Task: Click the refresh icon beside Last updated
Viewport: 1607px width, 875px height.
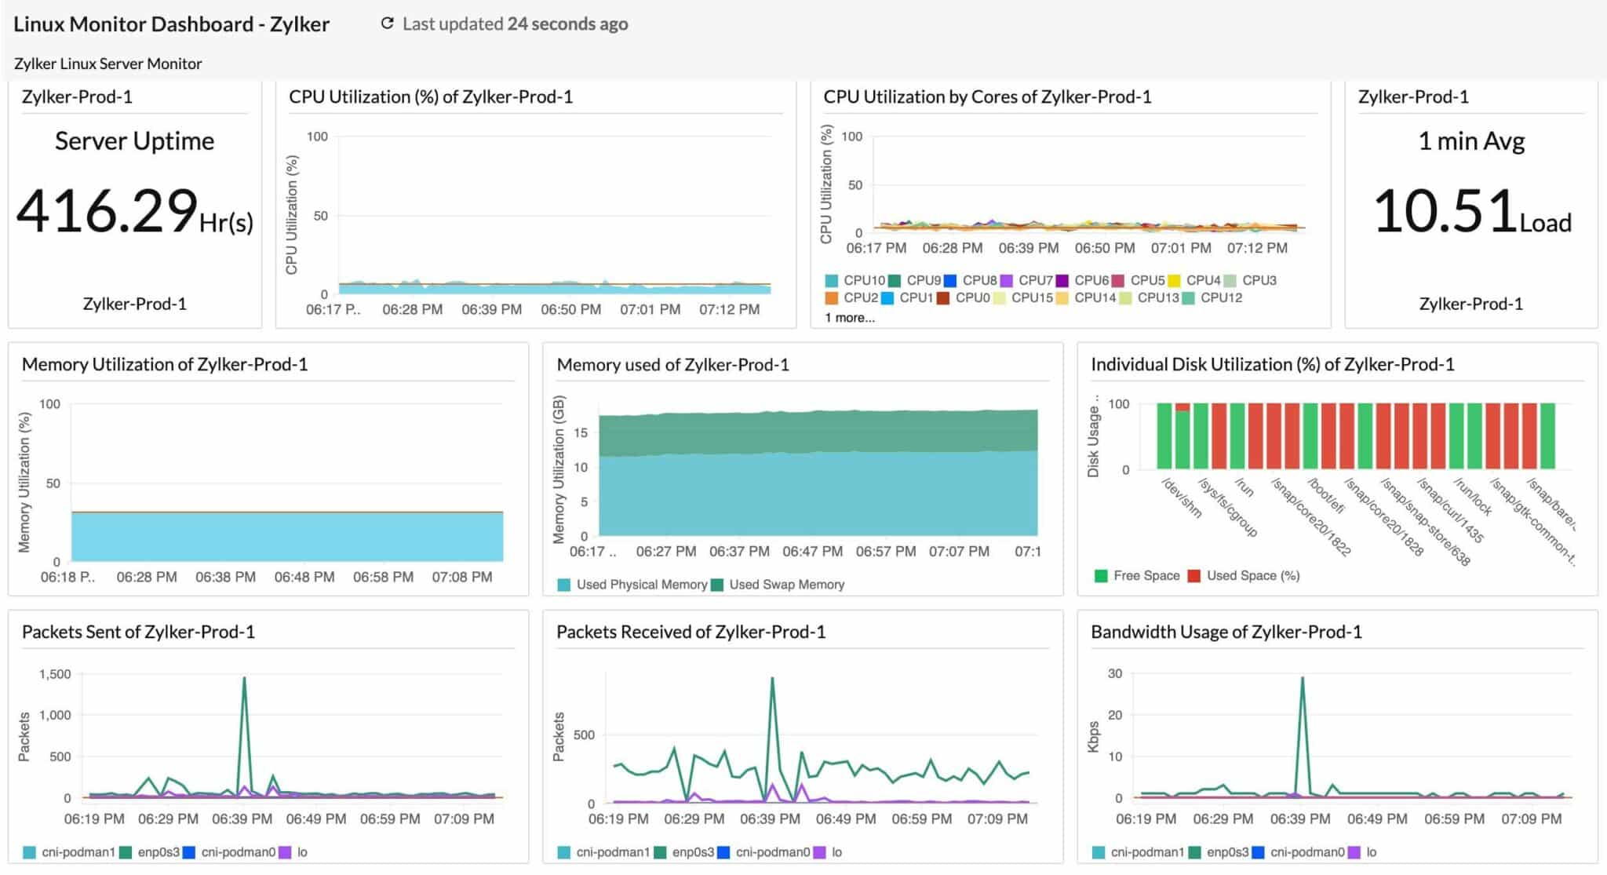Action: [387, 24]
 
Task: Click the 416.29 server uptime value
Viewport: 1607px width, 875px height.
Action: [107, 210]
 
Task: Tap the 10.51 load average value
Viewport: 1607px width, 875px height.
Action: [1445, 210]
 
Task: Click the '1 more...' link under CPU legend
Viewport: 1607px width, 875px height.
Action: [849, 318]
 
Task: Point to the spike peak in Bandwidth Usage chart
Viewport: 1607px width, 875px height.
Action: [1303, 678]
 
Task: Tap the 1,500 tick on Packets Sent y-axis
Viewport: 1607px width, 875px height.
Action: [55, 674]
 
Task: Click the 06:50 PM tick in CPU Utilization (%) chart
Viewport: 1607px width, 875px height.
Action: [570, 309]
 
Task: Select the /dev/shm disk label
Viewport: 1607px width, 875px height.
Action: [1181, 498]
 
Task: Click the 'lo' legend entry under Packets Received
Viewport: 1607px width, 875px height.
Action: [836, 852]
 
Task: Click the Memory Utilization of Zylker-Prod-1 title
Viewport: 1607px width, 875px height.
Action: [165, 364]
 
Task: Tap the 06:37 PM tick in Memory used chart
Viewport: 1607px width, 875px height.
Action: [739, 552]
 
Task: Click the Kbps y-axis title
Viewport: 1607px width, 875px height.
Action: [1093, 737]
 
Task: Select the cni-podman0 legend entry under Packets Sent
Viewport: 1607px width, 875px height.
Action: [237, 852]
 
